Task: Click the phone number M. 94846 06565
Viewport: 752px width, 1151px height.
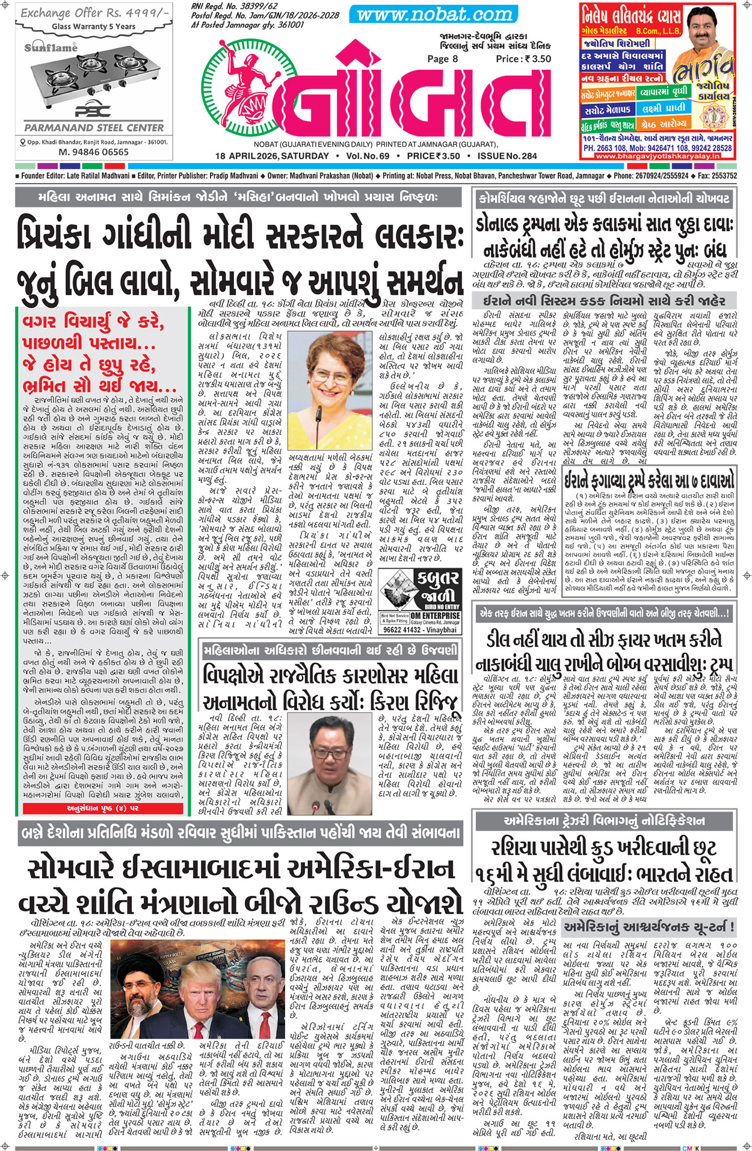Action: tap(93, 152)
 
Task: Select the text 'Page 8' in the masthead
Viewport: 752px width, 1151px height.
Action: tap(442, 58)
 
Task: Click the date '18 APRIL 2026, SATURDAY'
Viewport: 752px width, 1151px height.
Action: tap(272, 156)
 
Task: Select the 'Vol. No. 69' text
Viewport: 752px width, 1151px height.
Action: tap(368, 156)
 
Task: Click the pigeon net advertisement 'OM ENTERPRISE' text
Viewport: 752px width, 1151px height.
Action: tap(436, 616)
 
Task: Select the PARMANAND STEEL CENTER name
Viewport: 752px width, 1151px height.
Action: tap(93, 128)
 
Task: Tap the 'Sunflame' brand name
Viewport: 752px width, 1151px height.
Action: tap(51, 48)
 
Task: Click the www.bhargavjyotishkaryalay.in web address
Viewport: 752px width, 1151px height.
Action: tap(657, 156)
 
